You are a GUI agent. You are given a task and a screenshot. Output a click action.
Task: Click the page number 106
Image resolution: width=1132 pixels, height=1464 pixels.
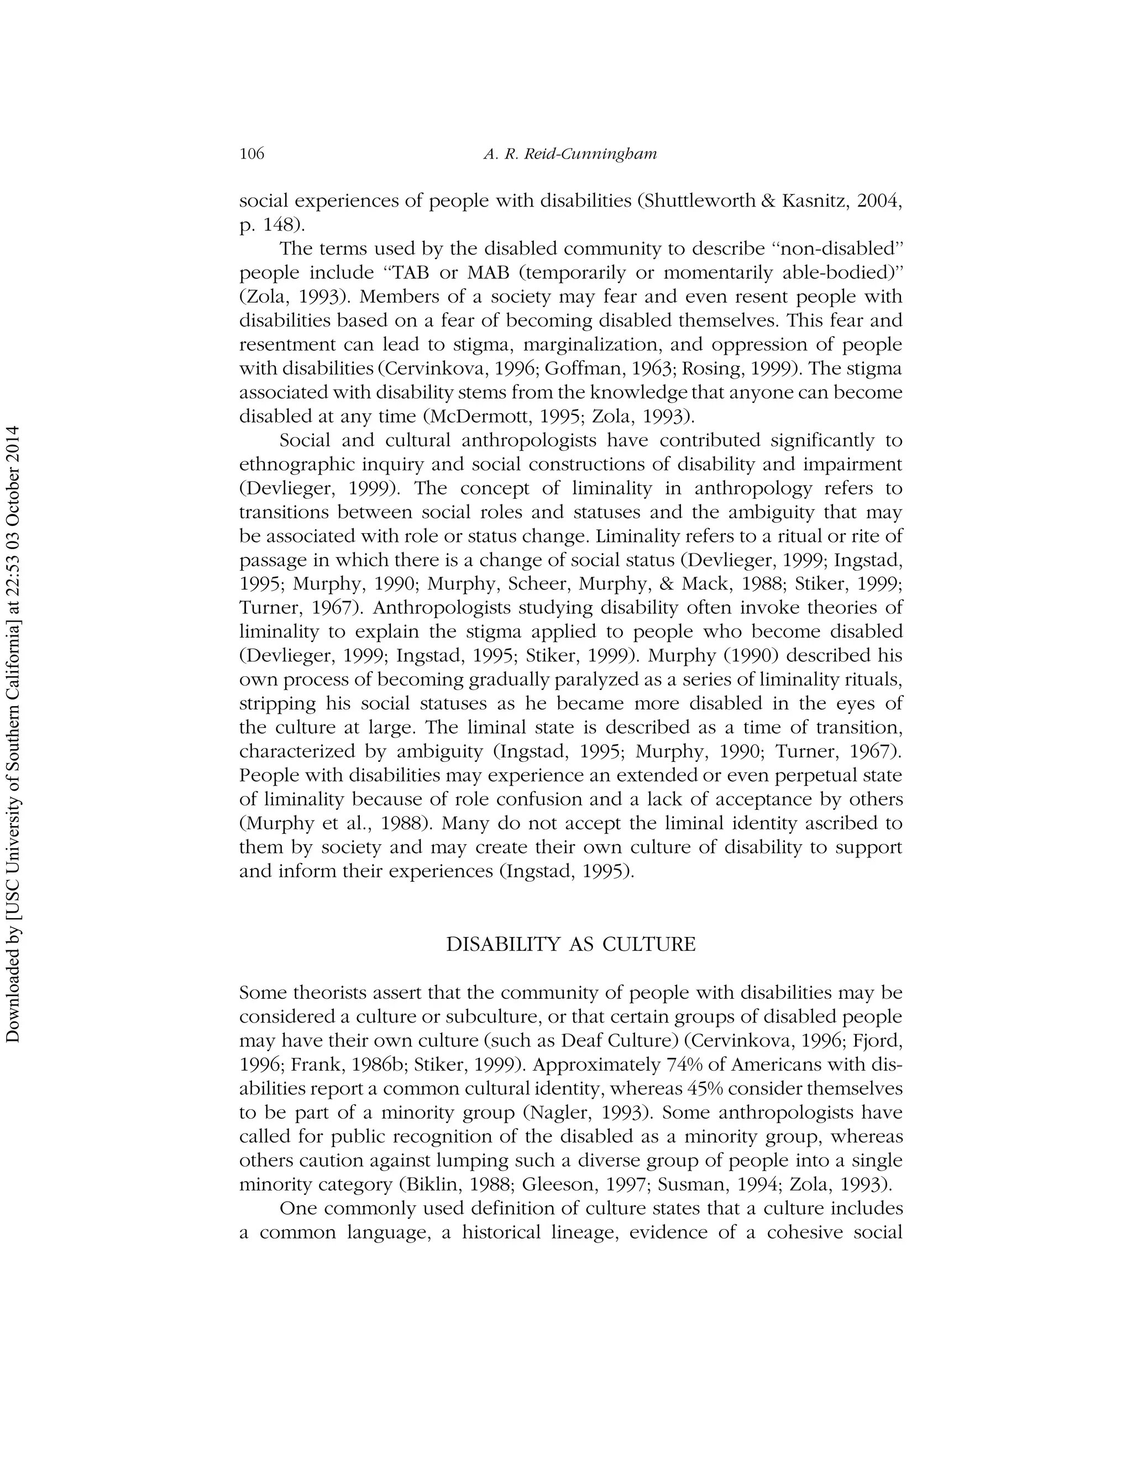tap(252, 154)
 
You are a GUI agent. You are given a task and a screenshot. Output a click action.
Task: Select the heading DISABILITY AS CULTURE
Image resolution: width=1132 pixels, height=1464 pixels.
tap(570, 945)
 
